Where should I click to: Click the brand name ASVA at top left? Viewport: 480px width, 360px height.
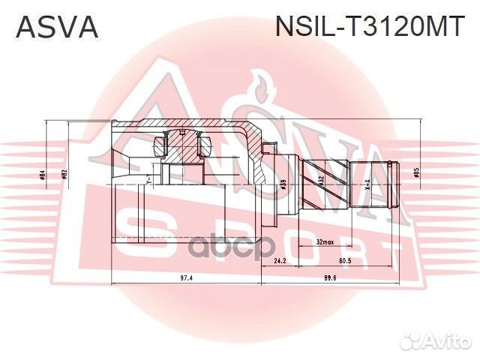point(57,27)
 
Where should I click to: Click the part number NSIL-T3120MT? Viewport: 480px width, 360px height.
point(370,27)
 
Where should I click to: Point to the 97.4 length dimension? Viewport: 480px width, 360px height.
point(187,277)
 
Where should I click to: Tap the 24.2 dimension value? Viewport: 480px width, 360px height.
point(280,261)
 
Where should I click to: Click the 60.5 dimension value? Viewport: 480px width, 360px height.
point(346,261)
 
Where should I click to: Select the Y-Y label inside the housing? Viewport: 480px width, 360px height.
point(150,180)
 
